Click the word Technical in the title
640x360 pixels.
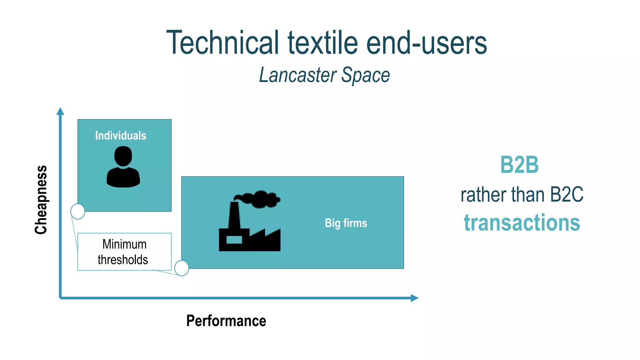pyautogui.click(x=222, y=42)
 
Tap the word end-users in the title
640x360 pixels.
pyautogui.click(x=426, y=43)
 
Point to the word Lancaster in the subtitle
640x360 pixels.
pyautogui.click(x=298, y=75)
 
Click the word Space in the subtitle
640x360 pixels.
pyautogui.click(x=365, y=75)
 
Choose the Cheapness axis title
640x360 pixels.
pyautogui.click(x=41, y=200)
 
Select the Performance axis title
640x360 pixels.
pyautogui.click(x=226, y=321)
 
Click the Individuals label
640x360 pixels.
pyautogui.click(x=121, y=136)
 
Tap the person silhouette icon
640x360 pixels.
pyautogui.click(x=123, y=167)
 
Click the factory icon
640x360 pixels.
pyautogui.click(x=249, y=231)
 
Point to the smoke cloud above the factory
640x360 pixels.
pyautogui.click(x=258, y=199)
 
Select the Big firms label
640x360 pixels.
pyautogui.click(x=346, y=223)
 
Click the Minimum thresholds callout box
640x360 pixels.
pyautogui.click(x=124, y=252)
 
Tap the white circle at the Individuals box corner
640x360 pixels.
pyautogui.click(x=78, y=212)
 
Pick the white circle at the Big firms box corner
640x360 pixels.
pyautogui.click(x=182, y=268)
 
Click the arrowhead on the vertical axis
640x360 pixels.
pyautogui.click(x=60, y=111)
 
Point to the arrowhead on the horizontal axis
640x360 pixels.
pyautogui.click(x=414, y=298)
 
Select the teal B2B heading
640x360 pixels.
pyautogui.click(x=519, y=165)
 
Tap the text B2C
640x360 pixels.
pyautogui.click(x=566, y=195)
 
